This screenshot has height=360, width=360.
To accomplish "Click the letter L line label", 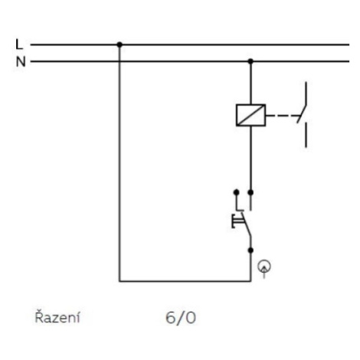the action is pos(19,44).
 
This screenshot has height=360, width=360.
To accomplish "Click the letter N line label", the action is pos(21,61).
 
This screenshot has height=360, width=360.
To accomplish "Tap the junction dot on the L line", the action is pos(119,44).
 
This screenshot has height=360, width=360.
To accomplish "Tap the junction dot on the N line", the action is pos(250,61).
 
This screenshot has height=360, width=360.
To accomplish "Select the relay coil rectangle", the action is pos(250,115).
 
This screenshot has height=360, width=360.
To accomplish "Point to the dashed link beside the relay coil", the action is pos(282,116).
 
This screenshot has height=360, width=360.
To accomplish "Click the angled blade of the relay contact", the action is pos(302,113).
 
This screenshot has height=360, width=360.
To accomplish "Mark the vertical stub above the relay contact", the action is pos(306,93).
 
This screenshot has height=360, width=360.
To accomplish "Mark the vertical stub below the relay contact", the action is pos(306,136).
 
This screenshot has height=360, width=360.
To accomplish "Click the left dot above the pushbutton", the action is pos(237,192).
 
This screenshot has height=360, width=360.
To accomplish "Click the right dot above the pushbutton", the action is pos(250,192).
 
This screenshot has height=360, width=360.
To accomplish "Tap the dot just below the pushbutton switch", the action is pos(250,250).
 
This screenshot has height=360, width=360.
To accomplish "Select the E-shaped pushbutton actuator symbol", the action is pos(237,221).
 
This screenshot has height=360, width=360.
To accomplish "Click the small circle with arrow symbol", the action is pos(264,268).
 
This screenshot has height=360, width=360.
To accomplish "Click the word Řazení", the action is pos(57,317).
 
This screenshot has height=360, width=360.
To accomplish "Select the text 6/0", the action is pos(181,318).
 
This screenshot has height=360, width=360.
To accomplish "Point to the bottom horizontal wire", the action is pos(185,281).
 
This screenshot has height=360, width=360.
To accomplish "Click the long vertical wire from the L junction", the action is pos(119,163).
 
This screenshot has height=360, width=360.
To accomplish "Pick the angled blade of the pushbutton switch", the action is pos(246,224).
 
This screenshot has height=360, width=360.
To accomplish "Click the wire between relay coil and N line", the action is pos(250,83).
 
